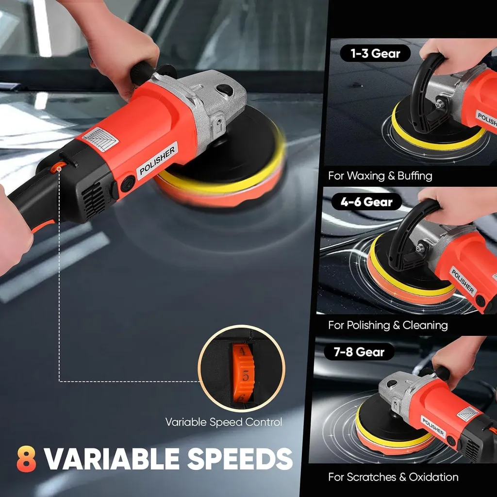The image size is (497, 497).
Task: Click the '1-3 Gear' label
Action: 375,53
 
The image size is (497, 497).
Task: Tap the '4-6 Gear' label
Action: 366,201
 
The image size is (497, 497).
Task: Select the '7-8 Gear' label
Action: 359,351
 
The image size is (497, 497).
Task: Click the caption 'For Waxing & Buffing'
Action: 380,176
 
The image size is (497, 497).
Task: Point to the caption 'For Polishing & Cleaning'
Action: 388,325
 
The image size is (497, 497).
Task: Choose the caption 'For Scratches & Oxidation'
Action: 393,477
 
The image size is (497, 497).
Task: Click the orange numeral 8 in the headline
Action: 26,459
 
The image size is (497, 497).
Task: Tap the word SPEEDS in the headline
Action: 240,459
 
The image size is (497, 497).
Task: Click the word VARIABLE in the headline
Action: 112,459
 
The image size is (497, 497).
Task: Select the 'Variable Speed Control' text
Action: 223,422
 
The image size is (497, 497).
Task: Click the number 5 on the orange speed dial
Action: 245,377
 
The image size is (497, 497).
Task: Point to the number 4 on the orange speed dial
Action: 242,351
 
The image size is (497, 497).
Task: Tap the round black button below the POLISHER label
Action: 128,183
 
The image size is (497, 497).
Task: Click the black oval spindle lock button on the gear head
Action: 225,90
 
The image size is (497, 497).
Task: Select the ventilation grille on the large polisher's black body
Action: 93,199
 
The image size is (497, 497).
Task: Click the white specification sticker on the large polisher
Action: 100,139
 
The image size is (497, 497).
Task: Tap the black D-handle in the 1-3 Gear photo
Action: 425,95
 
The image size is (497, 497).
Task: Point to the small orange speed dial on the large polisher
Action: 58,167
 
